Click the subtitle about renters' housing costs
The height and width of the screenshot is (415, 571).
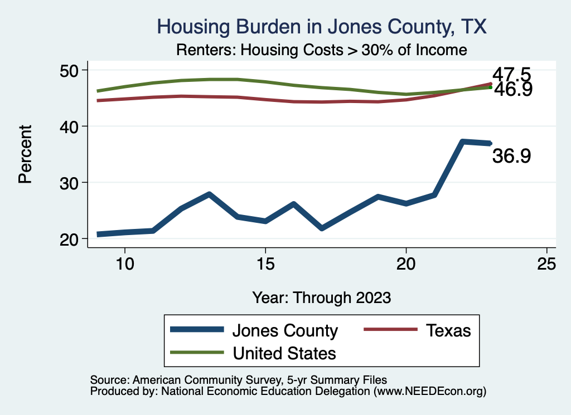click(321, 50)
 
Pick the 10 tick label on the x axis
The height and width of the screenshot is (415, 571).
click(124, 264)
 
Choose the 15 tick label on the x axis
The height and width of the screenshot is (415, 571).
click(265, 264)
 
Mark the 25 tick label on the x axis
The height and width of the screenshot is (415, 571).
click(546, 264)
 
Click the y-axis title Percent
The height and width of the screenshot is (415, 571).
click(25, 154)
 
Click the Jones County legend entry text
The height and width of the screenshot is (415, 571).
click(285, 331)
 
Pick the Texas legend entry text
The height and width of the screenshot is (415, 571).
click(448, 331)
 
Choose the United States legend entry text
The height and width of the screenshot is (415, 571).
click(284, 353)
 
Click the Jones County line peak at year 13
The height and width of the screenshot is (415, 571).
click(209, 194)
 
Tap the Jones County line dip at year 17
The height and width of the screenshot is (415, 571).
click(322, 228)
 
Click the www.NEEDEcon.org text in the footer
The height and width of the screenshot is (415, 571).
click(429, 392)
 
